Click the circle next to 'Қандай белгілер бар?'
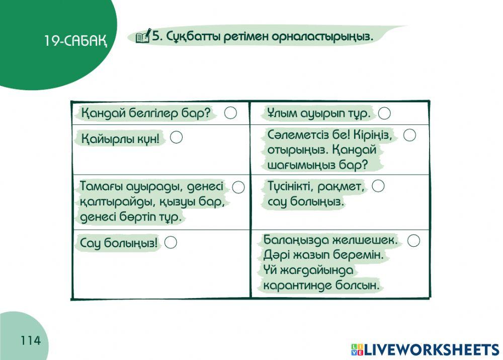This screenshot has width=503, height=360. click(x=230, y=113)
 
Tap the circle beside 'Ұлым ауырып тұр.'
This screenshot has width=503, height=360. click(x=384, y=113)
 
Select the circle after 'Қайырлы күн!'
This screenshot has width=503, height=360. click(x=176, y=137)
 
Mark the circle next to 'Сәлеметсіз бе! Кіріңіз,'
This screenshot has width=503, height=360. click(x=410, y=135)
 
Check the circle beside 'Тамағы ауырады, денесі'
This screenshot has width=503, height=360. click(x=238, y=187)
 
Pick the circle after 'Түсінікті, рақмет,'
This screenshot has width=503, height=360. click(x=378, y=186)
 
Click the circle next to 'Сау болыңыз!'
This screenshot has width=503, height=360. click(x=171, y=243)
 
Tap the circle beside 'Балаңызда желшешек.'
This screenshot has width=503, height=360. click(x=413, y=240)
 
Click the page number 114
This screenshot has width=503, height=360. click(x=31, y=341)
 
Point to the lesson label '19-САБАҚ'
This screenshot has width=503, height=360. click(x=75, y=41)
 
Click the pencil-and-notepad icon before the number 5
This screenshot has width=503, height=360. click(x=143, y=36)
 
